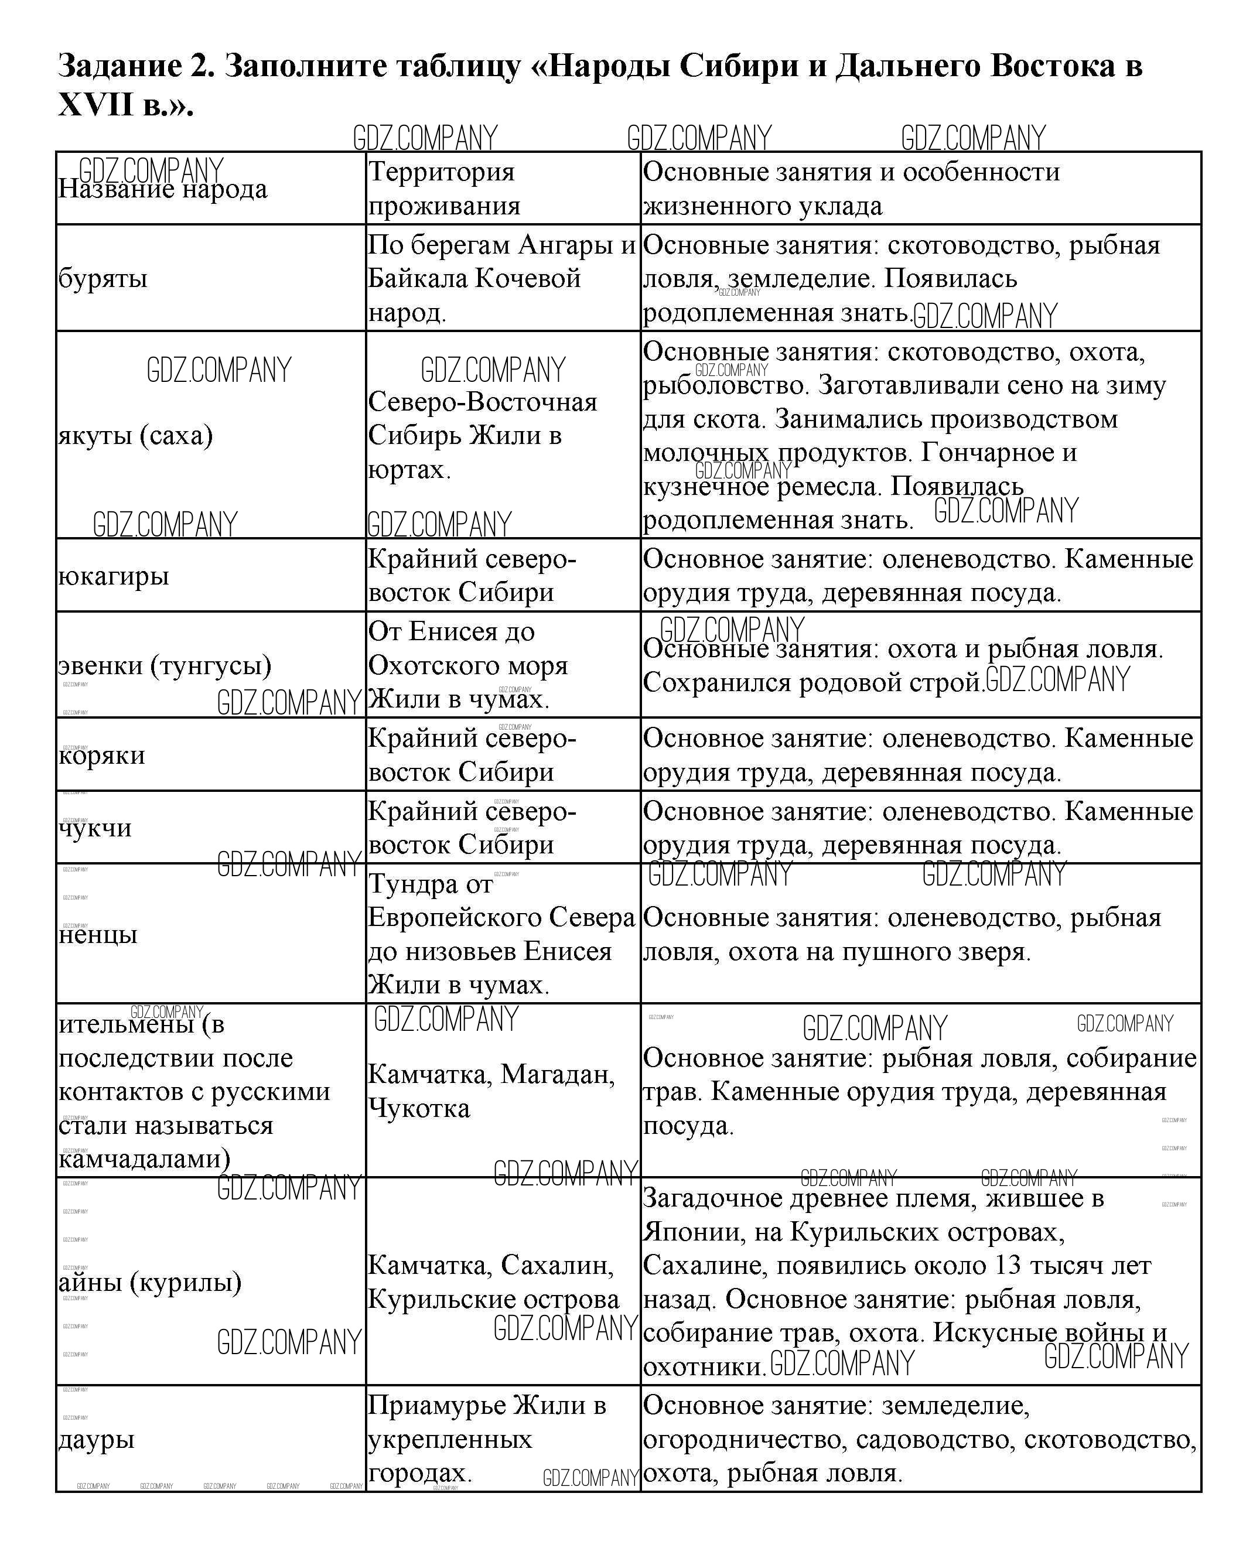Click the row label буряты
click(x=103, y=278)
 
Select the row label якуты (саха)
click(x=135, y=436)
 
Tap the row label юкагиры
click(x=113, y=576)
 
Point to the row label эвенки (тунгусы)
click(x=165, y=665)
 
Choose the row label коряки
click(x=101, y=755)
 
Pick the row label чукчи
click(x=95, y=828)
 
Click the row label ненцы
click(x=98, y=934)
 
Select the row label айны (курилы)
click(x=149, y=1282)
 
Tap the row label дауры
click(x=97, y=1440)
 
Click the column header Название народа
click(x=163, y=189)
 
